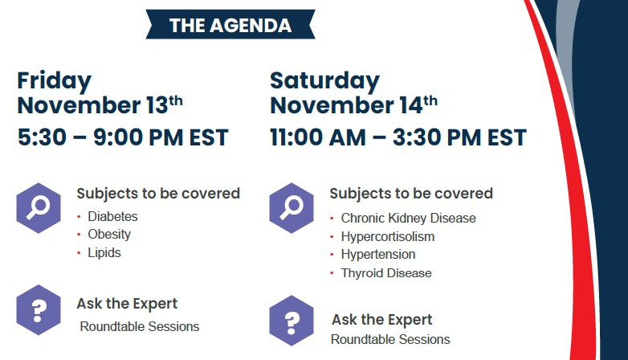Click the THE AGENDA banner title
tap(230, 25)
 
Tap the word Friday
tap(55, 81)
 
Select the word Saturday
tap(324, 81)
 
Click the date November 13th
tap(100, 105)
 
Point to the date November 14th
tap(353, 105)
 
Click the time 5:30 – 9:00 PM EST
tap(123, 137)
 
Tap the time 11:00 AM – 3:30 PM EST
tap(398, 137)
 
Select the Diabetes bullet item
tap(112, 216)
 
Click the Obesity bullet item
tap(109, 235)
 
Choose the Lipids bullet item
tap(104, 253)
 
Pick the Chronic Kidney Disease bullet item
tap(409, 218)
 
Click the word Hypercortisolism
tap(388, 236)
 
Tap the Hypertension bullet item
tap(378, 255)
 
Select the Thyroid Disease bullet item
tap(386, 273)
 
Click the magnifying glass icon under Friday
tap(39, 208)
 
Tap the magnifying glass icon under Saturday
tap(292, 208)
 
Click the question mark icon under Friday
tap(39, 310)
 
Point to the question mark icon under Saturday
tap(292, 321)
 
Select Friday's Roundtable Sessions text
tap(140, 327)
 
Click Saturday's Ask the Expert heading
tap(382, 320)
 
